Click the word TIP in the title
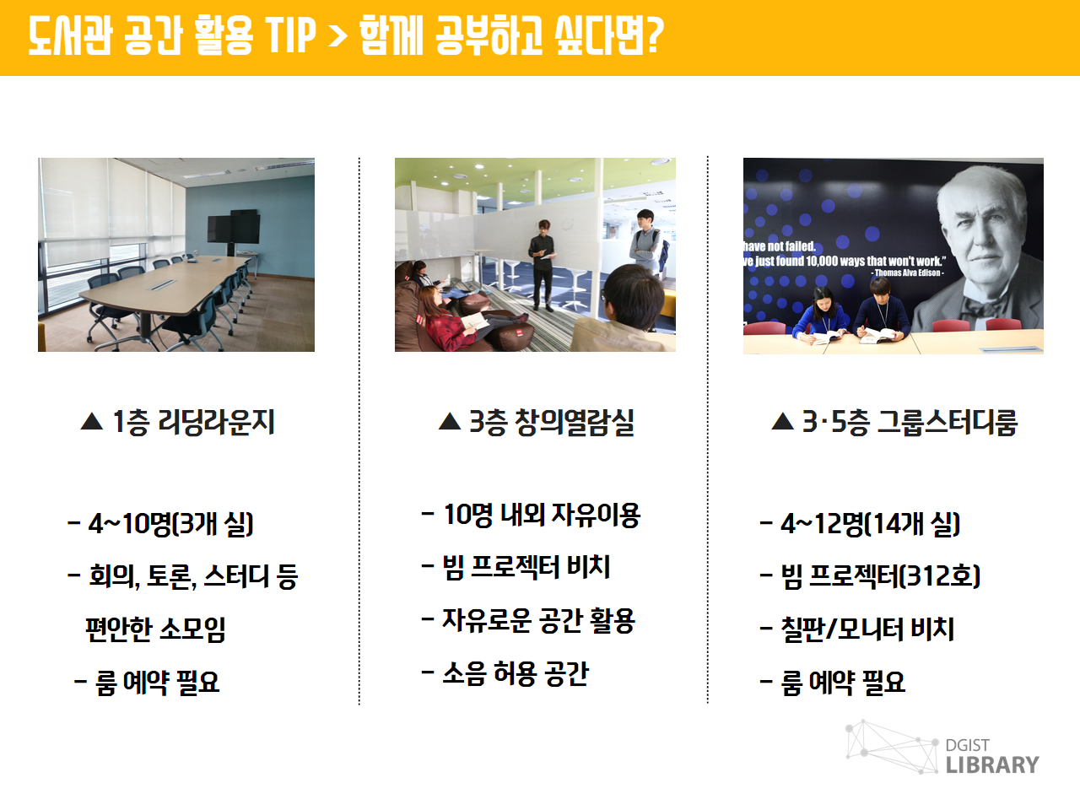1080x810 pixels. click(291, 35)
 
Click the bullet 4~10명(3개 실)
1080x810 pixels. click(160, 523)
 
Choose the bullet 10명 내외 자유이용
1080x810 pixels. click(532, 515)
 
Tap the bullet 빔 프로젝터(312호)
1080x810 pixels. click(870, 576)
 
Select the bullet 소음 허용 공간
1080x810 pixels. click(505, 673)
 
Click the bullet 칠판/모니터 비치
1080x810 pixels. click(857, 629)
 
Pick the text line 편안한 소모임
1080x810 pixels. click(155, 629)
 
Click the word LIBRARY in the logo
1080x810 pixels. click(992, 765)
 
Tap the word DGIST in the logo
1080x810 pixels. click(967, 746)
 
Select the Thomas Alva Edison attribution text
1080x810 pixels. click(907, 273)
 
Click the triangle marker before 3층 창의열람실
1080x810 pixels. click(449, 422)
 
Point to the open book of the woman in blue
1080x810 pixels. click(826, 337)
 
